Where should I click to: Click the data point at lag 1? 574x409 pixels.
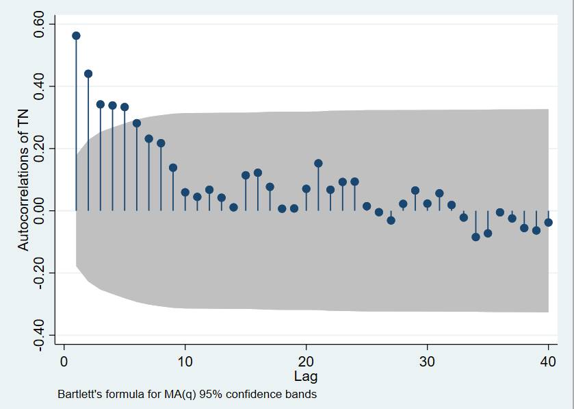76,36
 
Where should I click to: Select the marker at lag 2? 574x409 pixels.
88,74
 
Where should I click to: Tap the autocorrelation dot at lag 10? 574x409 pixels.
185,193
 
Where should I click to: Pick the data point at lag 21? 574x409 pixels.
318,163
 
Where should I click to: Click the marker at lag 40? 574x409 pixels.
548,222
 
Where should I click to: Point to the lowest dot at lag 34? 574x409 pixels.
475,237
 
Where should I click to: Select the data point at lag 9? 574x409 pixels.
173,168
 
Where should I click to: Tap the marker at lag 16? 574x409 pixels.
258,173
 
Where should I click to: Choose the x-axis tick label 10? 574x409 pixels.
185,362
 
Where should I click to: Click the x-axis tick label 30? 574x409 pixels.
427,362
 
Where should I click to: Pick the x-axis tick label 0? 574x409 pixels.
64,362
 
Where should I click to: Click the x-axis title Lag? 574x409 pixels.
306,376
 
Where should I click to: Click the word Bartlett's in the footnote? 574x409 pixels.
79,395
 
